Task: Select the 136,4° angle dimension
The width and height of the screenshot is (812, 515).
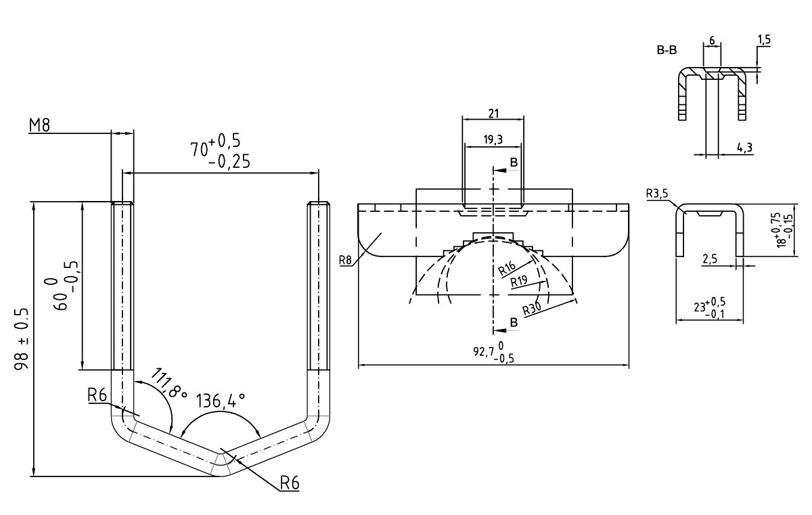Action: coord(220,402)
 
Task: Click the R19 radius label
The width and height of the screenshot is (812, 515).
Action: coord(520,280)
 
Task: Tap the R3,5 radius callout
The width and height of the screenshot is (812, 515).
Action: coord(656,194)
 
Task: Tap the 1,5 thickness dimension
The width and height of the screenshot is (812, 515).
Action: coord(764,41)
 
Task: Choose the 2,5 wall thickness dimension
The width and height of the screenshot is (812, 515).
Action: coord(709,259)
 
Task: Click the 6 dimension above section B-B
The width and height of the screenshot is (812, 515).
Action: coord(712,40)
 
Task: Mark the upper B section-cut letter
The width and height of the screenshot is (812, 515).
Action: coord(514,163)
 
